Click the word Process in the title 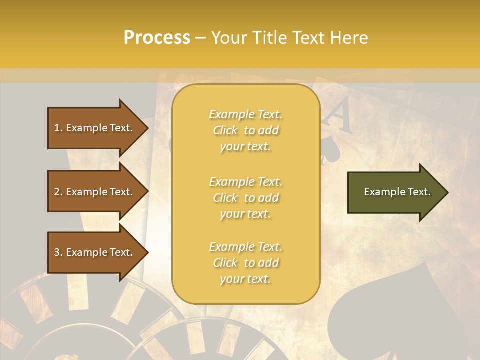point(157,38)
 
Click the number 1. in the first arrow point(58,128)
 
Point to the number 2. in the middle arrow point(58,192)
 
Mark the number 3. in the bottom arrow point(58,252)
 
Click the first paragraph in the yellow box point(245,130)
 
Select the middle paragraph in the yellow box point(245,198)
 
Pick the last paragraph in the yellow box point(245,263)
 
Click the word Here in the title point(349,38)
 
